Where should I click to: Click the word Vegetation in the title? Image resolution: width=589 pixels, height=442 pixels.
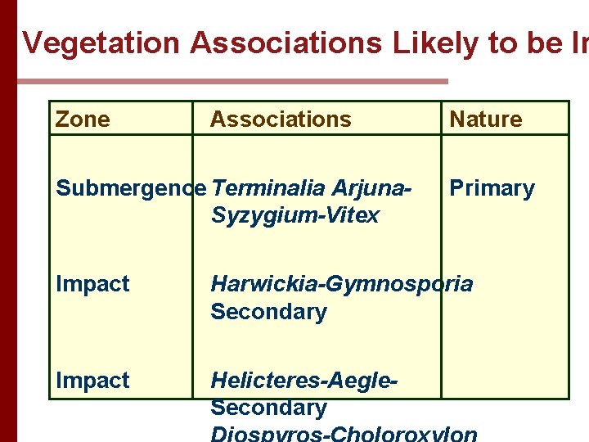101,43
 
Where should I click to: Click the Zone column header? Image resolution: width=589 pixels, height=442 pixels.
82,120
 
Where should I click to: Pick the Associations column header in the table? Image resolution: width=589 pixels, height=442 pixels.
281,120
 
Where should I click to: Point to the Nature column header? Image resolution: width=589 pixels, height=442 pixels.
486,120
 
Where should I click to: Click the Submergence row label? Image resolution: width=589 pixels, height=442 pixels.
131,188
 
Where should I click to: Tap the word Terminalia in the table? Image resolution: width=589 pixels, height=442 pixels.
269,188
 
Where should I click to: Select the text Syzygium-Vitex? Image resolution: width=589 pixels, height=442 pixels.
295,216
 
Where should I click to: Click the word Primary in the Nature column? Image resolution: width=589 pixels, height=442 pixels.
492,188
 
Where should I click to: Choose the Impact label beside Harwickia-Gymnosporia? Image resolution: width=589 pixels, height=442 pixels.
92,285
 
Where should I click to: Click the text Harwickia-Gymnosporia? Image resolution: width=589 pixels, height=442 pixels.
341,285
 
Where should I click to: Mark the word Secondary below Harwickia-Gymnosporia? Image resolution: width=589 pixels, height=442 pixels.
268,312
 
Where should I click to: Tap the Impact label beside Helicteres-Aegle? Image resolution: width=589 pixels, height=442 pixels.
92,381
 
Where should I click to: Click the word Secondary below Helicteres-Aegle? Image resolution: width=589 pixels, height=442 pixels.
268,408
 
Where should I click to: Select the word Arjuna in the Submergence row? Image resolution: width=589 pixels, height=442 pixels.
371,188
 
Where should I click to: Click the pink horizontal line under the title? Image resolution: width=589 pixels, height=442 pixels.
233,81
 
